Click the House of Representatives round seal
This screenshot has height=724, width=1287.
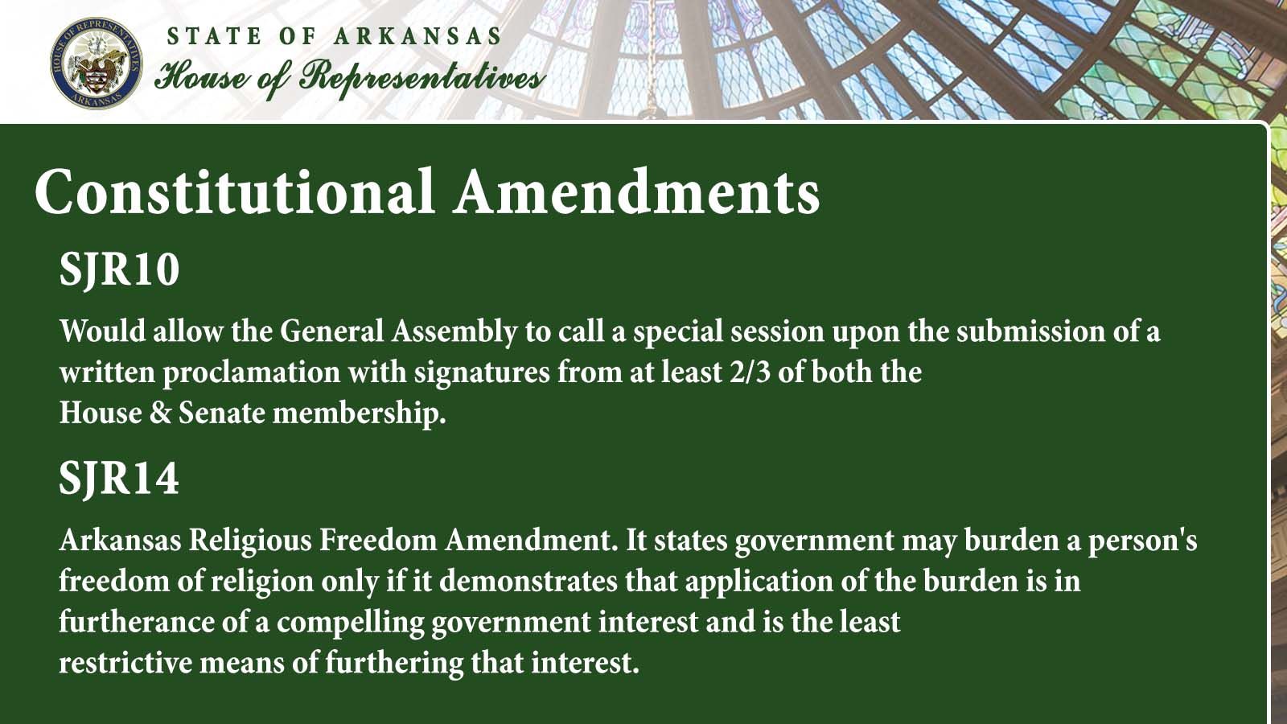(x=97, y=64)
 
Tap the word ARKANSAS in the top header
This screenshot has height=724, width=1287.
(x=417, y=36)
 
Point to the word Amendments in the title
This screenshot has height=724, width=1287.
(x=636, y=192)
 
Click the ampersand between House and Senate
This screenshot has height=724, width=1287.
(x=160, y=413)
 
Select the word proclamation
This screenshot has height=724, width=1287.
(x=252, y=373)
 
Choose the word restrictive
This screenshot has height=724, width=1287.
(x=125, y=663)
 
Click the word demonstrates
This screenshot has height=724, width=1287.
(x=528, y=582)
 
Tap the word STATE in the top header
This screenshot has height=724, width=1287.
(x=214, y=36)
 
